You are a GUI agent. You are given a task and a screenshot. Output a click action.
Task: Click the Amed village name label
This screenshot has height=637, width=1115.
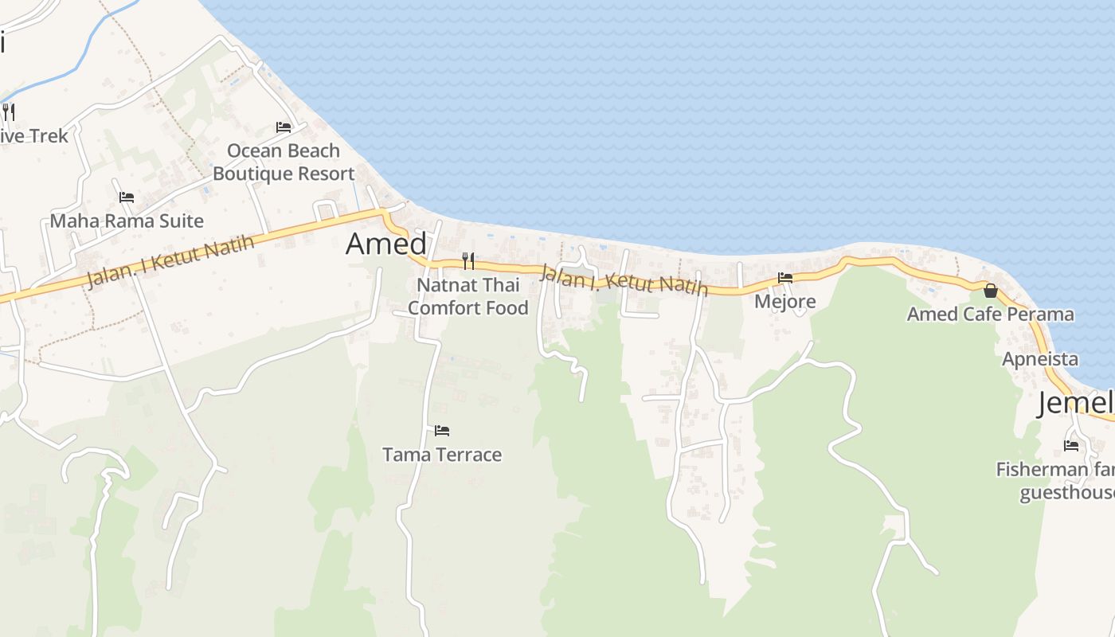pos(386,244)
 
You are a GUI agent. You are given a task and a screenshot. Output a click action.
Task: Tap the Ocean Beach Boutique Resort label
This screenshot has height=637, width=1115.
pos(284,162)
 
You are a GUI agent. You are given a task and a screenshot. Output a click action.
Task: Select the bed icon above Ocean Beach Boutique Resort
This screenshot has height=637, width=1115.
pos(283,127)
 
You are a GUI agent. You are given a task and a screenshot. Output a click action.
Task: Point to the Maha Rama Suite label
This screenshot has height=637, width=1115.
pos(127,221)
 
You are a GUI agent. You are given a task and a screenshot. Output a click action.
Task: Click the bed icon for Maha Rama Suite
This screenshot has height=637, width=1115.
pos(127,197)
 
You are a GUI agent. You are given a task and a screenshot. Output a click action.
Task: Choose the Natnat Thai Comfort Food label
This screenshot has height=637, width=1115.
pos(468,296)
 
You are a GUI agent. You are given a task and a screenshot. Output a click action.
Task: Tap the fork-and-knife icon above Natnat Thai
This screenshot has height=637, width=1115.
pos(468,260)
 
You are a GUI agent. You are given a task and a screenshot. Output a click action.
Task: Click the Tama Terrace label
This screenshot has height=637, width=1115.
pos(442,455)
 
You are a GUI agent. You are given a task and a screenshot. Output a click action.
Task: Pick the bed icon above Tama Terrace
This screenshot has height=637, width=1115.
pos(442,431)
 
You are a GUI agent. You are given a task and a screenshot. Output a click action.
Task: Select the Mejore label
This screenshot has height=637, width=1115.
pos(785,301)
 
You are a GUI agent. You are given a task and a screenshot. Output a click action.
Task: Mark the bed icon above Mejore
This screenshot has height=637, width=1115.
pos(785,278)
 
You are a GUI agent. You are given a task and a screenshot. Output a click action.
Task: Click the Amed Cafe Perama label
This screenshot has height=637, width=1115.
pos(991,314)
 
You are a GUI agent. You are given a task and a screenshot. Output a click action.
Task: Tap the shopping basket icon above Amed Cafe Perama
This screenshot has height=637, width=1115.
pos(991,291)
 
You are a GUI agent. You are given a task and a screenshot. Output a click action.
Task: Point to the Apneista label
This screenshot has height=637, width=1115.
pos(1040,358)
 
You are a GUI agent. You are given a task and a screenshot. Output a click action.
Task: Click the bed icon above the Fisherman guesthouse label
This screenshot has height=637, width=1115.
pos(1071,445)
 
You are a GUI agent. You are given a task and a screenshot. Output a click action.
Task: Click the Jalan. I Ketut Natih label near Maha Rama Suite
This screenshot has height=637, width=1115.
pos(170,262)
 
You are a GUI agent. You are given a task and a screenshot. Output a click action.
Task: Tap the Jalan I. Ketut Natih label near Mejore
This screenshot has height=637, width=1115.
pos(624,280)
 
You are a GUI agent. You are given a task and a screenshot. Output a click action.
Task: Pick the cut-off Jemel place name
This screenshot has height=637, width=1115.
pos(1075,403)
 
